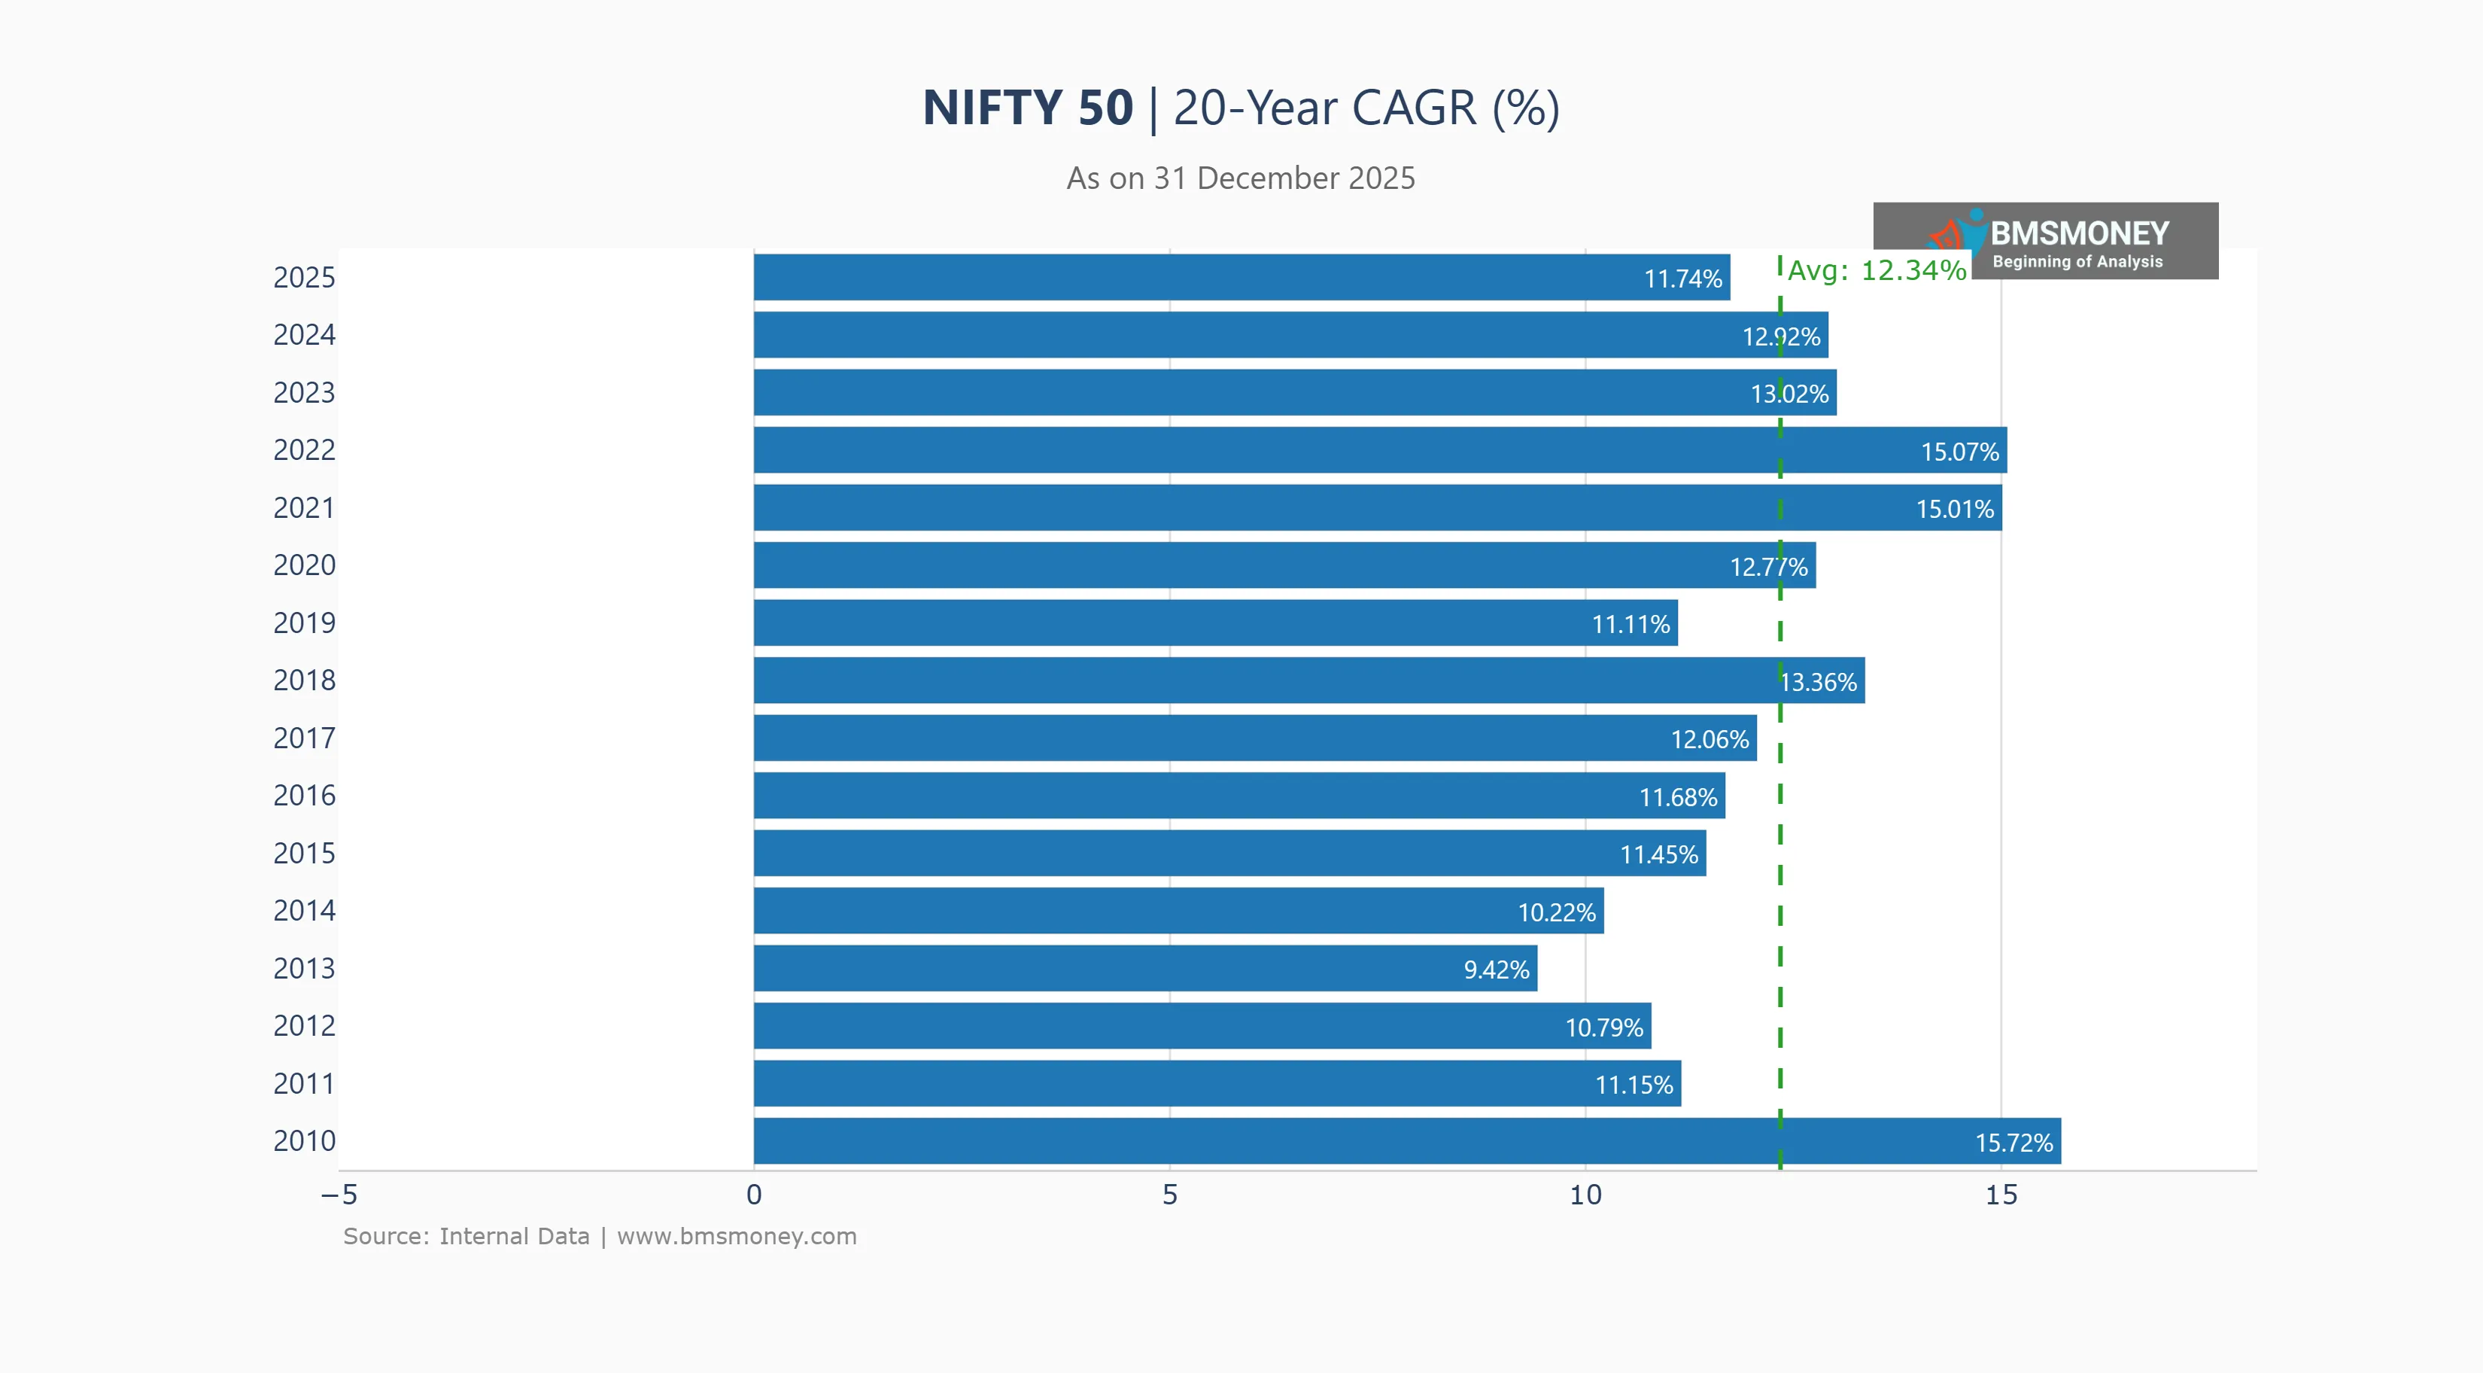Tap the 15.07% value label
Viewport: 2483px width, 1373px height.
pyautogui.click(x=1959, y=451)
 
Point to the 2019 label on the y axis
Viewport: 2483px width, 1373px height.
pyautogui.click(x=304, y=623)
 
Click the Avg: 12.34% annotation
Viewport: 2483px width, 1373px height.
pyautogui.click(x=1876, y=270)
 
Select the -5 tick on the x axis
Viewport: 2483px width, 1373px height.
pyautogui.click(x=339, y=1195)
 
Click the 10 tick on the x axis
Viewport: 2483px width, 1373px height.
pyautogui.click(x=1585, y=1195)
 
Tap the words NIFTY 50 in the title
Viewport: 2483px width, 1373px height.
pyautogui.click(x=1028, y=107)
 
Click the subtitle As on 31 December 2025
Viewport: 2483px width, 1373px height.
pyautogui.click(x=1241, y=178)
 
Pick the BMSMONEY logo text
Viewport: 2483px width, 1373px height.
pyautogui.click(x=2079, y=233)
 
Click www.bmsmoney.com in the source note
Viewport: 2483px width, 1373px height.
pyautogui.click(x=737, y=1236)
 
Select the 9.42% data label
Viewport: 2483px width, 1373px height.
pyautogui.click(x=1496, y=970)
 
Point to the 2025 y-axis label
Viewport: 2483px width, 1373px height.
pyautogui.click(x=304, y=278)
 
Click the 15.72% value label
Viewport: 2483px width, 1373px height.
pyautogui.click(x=2013, y=1143)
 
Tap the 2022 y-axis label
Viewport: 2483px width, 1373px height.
pyautogui.click(x=304, y=450)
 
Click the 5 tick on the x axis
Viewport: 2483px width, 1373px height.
pyautogui.click(x=1169, y=1195)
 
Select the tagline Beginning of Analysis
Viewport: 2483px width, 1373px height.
pyautogui.click(x=2077, y=261)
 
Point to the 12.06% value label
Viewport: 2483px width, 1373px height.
pyautogui.click(x=1709, y=739)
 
